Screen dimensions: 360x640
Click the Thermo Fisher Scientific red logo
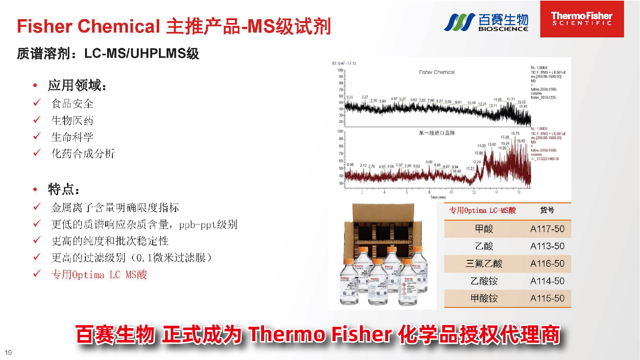[582, 19]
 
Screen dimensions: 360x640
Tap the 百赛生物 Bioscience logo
[486, 22]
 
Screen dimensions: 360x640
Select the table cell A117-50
[547, 229]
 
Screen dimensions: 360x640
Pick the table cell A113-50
[547, 246]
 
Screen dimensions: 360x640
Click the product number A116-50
[547, 263]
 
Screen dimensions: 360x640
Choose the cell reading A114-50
[547, 281]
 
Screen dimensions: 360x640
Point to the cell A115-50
[547, 298]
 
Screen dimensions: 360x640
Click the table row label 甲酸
[484, 229]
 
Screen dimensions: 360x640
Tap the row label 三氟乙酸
[484, 263]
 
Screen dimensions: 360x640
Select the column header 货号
[547, 210]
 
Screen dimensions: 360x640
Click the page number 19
[8, 352]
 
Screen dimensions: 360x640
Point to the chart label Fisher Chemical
[437, 72]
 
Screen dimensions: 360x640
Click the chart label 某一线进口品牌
[437, 133]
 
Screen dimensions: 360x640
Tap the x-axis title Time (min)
[438, 197]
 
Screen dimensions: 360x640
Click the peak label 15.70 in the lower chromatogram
[515, 133]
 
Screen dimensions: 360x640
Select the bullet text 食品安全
[72, 104]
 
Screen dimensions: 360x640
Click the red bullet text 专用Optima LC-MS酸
[99, 275]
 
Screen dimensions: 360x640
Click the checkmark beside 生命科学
[37, 136]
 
